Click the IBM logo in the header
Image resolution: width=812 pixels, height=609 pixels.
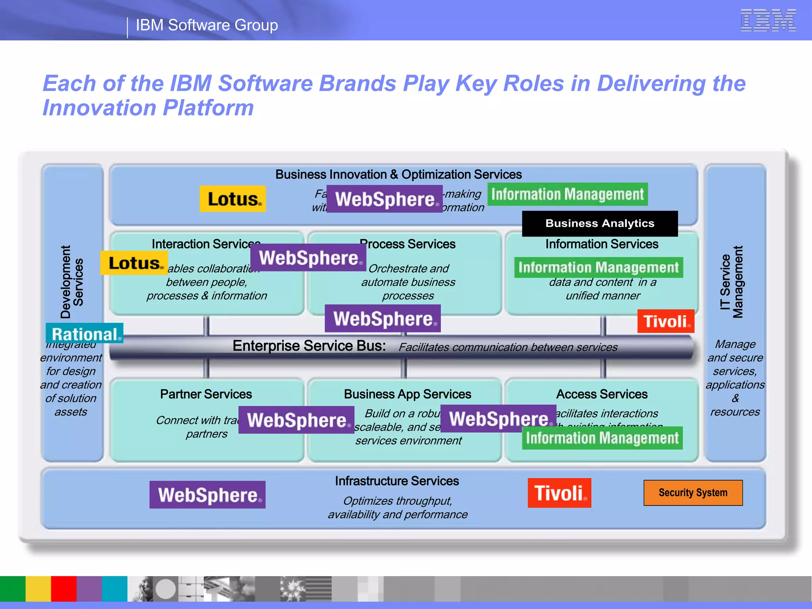coord(768,20)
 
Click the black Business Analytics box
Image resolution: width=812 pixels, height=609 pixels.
coord(599,224)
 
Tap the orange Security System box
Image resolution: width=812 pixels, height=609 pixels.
coord(693,493)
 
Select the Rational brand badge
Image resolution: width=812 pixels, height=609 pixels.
coord(84,333)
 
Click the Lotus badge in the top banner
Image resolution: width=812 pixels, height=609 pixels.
coord(233,199)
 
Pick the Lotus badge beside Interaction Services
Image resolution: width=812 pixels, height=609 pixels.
coord(134,263)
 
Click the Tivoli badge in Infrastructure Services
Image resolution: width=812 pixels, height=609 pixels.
coord(559,493)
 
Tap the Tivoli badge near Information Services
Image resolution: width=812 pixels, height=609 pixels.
coord(666,321)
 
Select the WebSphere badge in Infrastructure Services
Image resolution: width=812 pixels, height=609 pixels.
coord(207,495)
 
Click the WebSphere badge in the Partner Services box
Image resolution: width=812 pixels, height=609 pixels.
coord(296,420)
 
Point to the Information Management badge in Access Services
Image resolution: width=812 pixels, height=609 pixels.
coord(602,438)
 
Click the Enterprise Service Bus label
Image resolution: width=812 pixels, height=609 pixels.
coord(309,346)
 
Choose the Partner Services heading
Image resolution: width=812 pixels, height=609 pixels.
coord(206,394)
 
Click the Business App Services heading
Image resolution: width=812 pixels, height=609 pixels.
coord(407,394)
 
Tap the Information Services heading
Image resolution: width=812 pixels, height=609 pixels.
coord(601,244)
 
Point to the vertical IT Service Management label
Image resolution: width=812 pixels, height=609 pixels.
coord(732,282)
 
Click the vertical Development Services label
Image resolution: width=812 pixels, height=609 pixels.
coord(72,282)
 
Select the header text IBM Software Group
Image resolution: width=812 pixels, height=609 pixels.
coord(207,25)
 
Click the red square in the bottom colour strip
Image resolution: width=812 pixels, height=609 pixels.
coord(63,589)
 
